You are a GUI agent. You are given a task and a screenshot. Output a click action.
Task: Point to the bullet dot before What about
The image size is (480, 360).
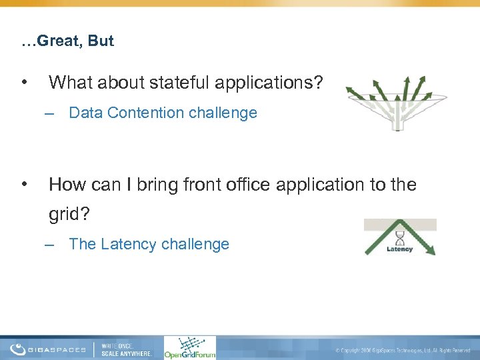click(x=24, y=83)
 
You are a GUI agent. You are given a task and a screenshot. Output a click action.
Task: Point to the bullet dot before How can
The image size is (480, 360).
click(x=24, y=184)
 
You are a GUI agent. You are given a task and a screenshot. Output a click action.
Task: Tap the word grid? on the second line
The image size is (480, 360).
click(x=69, y=215)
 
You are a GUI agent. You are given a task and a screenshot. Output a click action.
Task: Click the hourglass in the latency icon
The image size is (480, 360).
click(x=400, y=238)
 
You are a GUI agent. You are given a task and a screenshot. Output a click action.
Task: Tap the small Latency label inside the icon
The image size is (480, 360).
click(x=400, y=250)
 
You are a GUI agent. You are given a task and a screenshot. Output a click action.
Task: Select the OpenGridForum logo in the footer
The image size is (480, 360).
click(x=190, y=347)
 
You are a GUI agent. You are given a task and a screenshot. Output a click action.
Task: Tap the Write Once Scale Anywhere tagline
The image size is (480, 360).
click(x=127, y=349)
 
